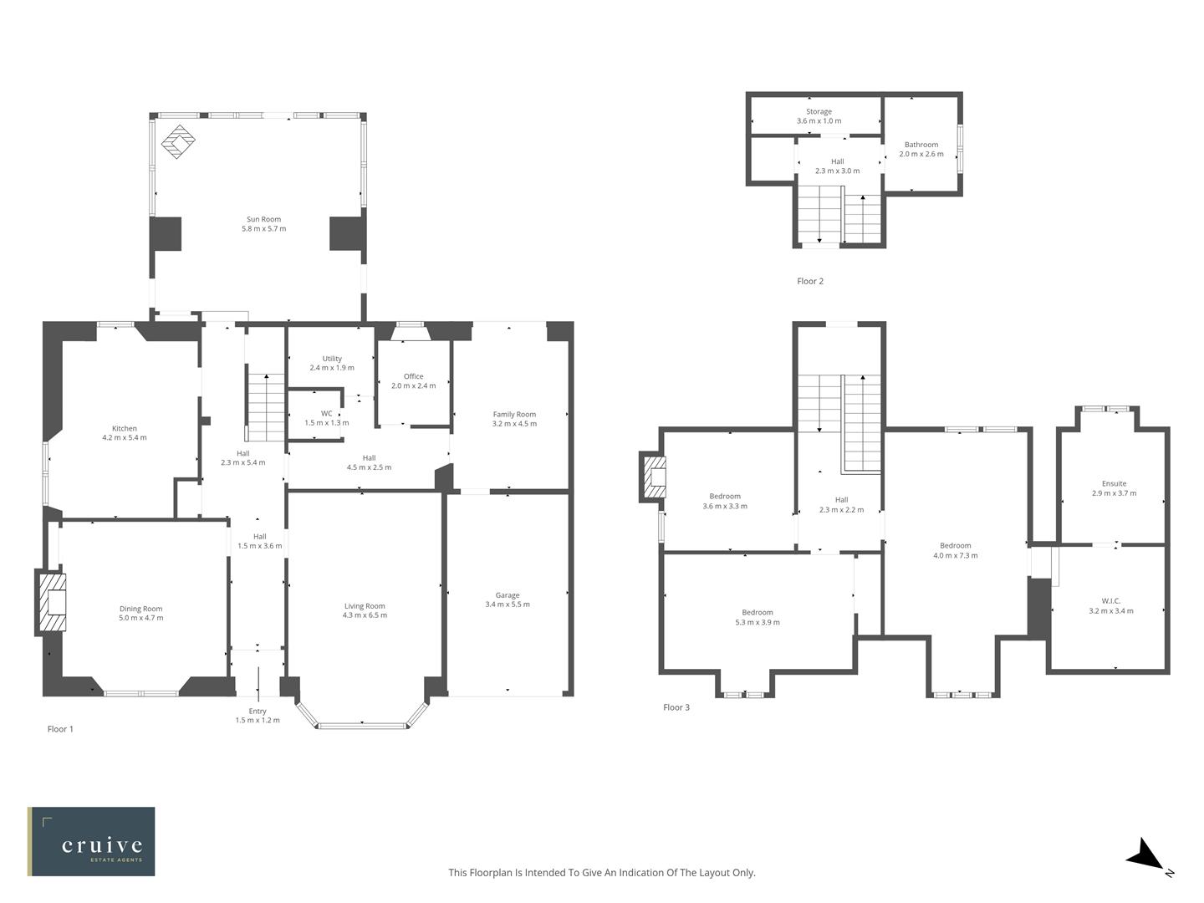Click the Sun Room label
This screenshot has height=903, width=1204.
263,223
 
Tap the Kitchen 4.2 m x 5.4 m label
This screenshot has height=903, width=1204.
125,433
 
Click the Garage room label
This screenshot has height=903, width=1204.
507,599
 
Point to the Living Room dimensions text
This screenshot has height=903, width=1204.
365,615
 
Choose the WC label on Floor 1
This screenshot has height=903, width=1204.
326,418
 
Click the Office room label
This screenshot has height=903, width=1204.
413,380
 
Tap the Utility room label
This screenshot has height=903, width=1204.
332,363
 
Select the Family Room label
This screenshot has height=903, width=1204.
514,418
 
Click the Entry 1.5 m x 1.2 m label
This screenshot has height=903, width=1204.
258,715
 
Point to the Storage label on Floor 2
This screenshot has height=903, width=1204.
819,116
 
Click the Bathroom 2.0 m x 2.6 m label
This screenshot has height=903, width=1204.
921,149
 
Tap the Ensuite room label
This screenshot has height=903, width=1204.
1114,488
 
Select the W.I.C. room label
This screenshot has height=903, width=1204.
1111,605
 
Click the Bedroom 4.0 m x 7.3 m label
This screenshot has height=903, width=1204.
955,550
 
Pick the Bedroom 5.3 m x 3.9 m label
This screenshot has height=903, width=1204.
758,617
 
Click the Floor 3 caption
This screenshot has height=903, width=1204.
676,707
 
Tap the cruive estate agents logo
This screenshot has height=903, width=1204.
91,841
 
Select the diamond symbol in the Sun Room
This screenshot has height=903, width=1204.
177,141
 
